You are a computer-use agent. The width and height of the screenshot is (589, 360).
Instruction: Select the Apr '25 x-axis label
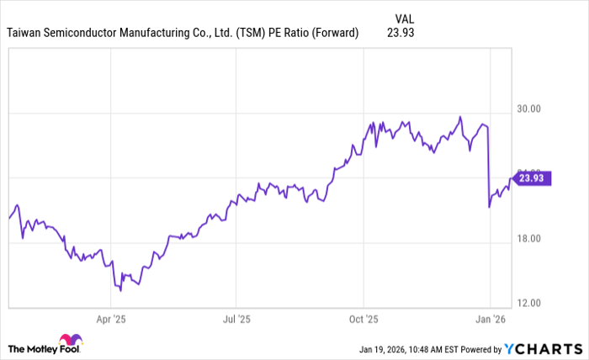point(111,320)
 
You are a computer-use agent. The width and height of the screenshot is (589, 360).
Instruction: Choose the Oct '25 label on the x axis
point(363,320)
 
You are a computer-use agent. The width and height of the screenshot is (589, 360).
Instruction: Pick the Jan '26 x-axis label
point(490,320)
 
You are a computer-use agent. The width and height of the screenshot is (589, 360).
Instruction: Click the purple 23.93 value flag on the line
point(532,177)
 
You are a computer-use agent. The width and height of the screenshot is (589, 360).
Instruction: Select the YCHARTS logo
point(544,348)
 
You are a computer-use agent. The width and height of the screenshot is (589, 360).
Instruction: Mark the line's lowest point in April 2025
point(120,291)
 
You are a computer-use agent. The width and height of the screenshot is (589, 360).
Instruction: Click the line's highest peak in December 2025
point(460,117)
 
